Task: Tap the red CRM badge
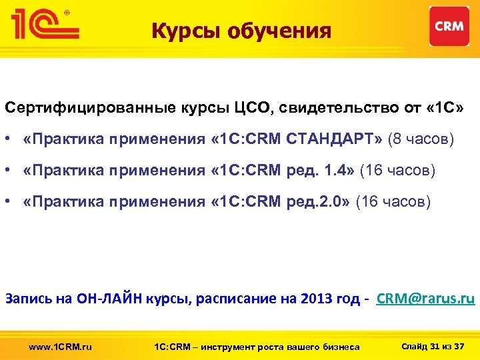tap(449, 26)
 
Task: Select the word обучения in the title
tap(280, 31)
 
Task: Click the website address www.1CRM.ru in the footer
tap(61, 346)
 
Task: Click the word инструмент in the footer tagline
tap(221, 346)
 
